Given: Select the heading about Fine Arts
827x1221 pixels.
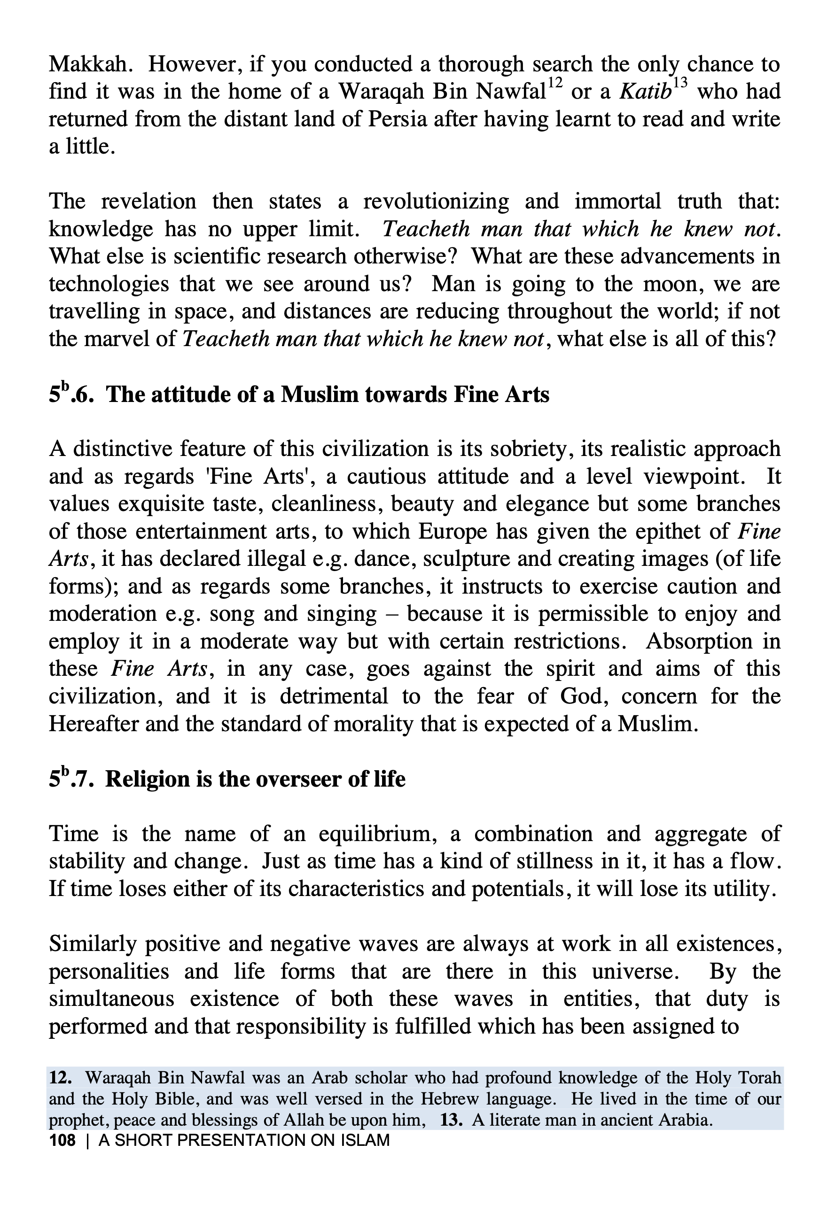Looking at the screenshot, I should [299, 394].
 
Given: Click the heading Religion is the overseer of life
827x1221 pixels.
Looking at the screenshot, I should [227, 779].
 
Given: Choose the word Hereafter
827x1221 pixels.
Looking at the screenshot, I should [93, 724].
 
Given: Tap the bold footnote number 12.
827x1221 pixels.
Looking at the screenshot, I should [61, 1078].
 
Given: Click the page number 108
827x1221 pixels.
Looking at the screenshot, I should [62, 1141].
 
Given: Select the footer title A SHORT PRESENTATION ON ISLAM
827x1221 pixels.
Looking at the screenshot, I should [244, 1141].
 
